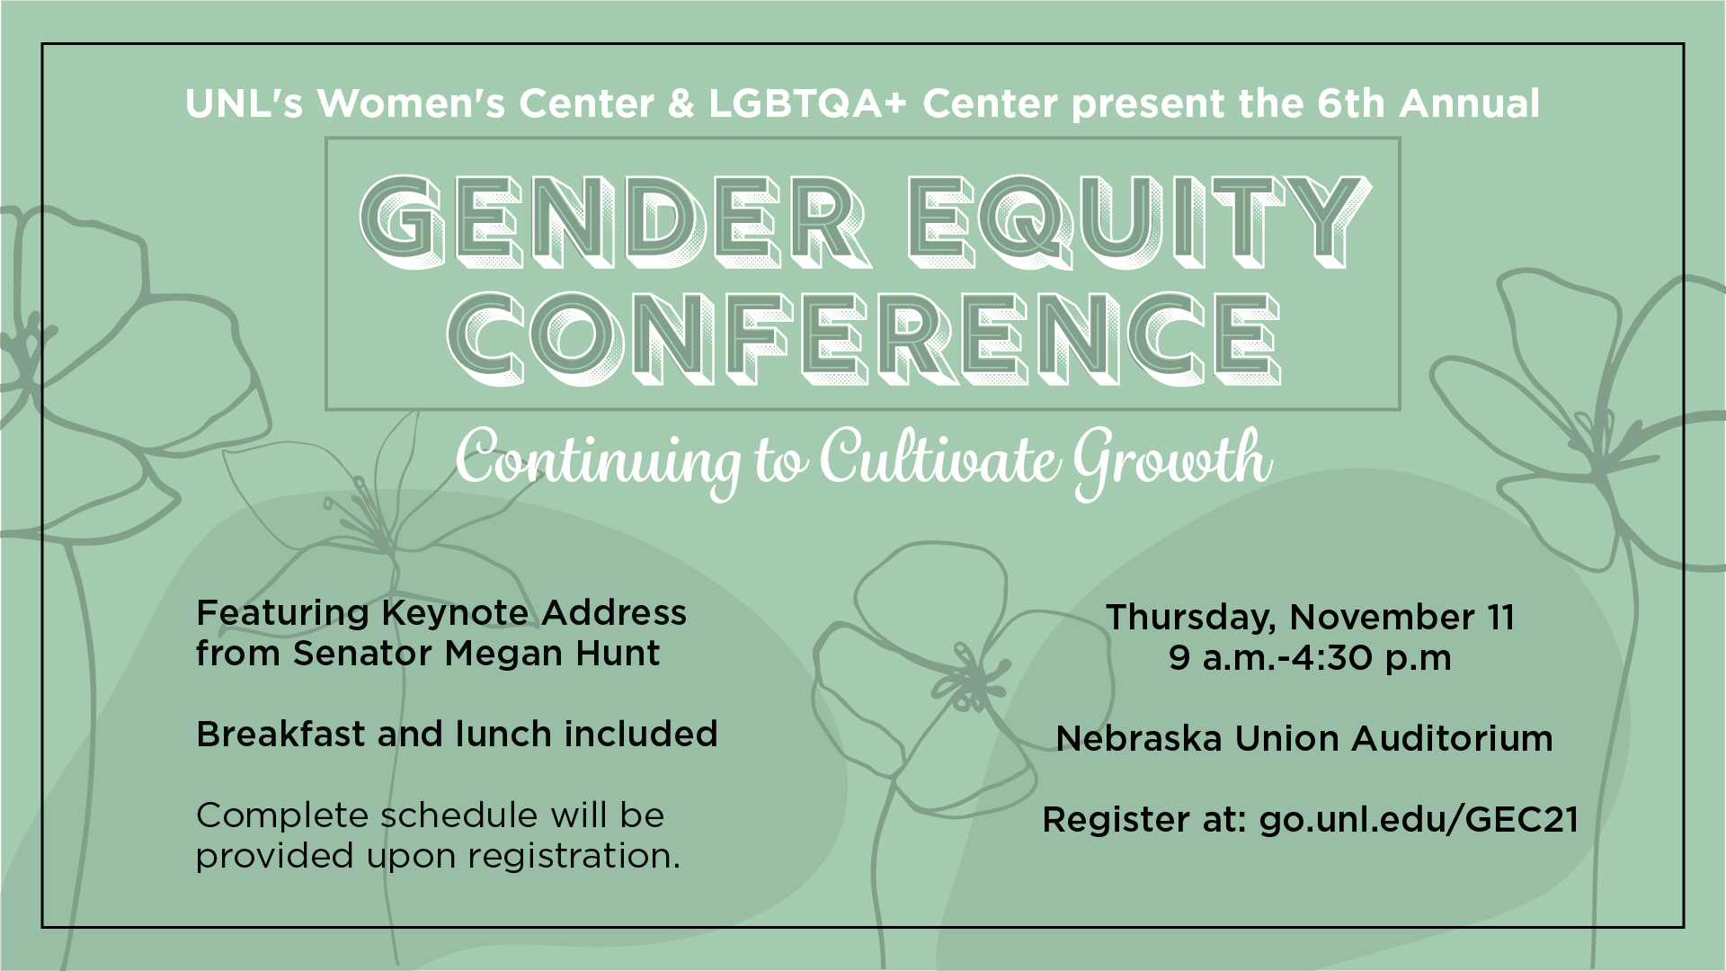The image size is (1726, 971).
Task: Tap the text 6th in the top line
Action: pos(1351,104)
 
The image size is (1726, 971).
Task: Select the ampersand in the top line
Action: pos(681,104)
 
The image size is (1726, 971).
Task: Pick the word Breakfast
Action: pos(281,735)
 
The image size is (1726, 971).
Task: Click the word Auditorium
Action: pos(1452,739)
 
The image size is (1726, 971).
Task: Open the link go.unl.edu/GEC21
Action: pos(1419,821)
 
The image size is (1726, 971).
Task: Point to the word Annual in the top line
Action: pos(1469,104)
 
